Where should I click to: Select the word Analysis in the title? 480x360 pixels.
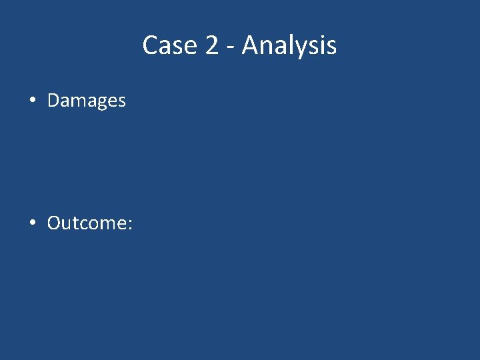click(x=289, y=46)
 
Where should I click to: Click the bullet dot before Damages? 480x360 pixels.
click(x=33, y=101)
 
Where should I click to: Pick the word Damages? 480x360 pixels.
click(x=87, y=101)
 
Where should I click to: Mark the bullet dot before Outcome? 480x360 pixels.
click(x=33, y=223)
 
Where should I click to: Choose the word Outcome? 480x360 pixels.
click(x=87, y=223)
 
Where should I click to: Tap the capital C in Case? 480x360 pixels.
click(x=151, y=46)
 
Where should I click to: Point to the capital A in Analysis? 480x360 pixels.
click(x=251, y=46)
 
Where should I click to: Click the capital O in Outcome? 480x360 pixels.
click(x=55, y=223)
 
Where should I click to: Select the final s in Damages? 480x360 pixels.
click(x=121, y=103)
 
